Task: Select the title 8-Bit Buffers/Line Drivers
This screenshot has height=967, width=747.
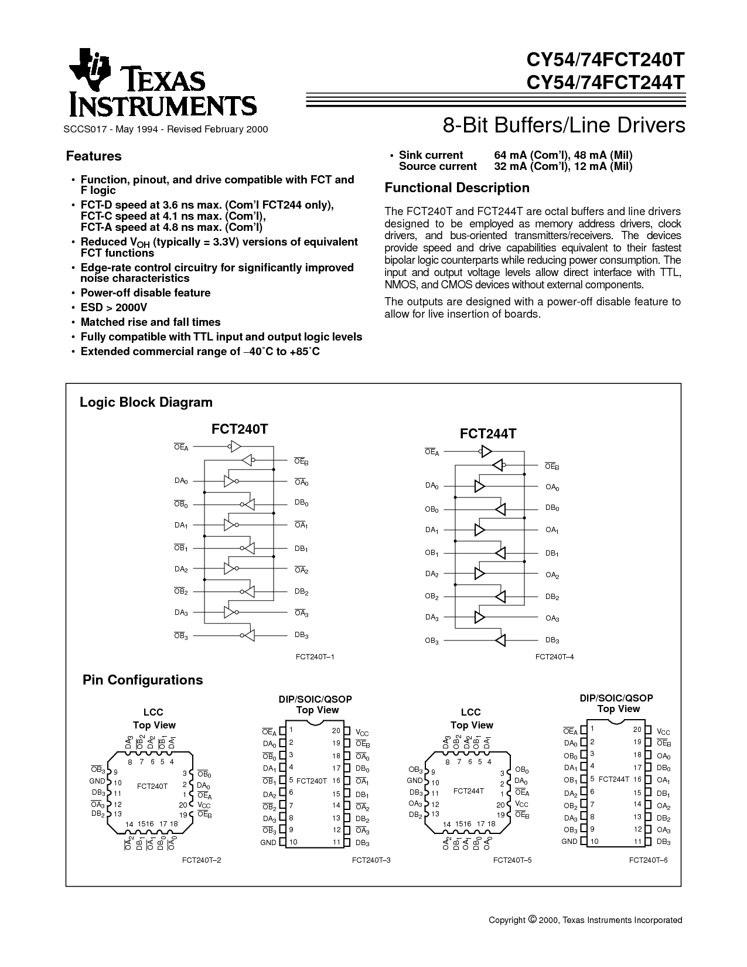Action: [x=564, y=126]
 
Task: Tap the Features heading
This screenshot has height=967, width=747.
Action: [x=94, y=156]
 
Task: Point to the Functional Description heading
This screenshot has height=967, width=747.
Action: [x=457, y=188]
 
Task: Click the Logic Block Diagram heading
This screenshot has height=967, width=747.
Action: [x=146, y=403]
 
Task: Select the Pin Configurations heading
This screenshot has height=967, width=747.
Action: [x=142, y=680]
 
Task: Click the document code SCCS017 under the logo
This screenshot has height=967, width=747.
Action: [x=83, y=129]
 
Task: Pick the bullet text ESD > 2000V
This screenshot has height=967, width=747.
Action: [x=114, y=308]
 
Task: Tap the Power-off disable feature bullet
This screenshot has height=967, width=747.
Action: [x=145, y=293]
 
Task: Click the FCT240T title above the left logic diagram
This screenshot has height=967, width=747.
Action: [x=240, y=429]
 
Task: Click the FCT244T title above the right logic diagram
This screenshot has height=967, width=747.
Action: [x=488, y=434]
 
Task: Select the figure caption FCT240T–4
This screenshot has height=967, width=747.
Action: [x=554, y=657]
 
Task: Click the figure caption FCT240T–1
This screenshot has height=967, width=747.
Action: [x=315, y=657]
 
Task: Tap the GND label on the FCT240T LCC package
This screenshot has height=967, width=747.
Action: [x=97, y=781]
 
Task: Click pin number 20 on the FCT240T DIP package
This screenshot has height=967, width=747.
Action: [x=336, y=731]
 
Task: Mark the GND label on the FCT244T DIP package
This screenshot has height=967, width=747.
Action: [x=569, y=842]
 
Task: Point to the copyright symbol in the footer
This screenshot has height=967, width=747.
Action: [x=533, y=920]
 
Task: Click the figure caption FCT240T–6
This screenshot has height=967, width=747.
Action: [x=649, y=860]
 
